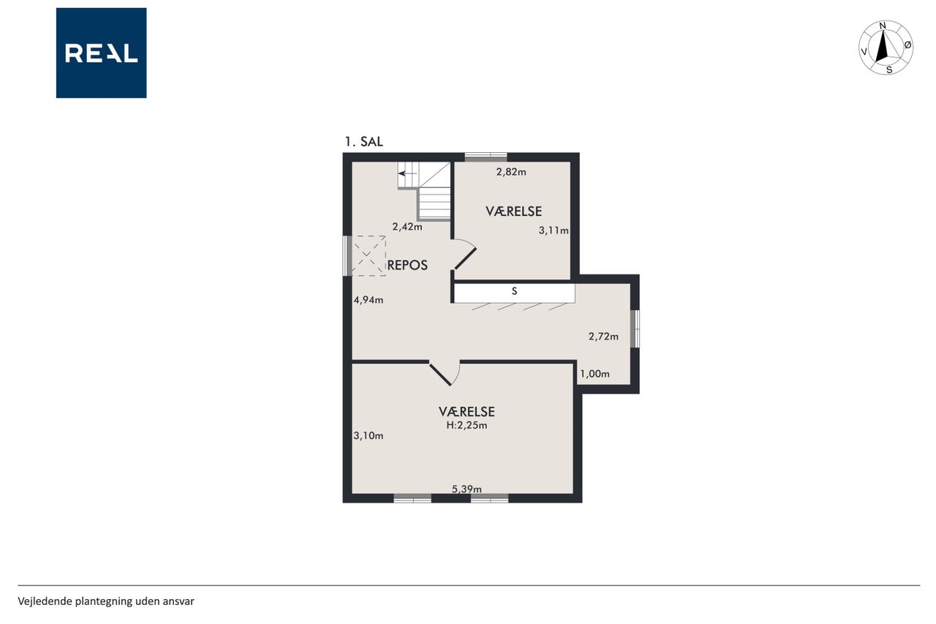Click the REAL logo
[101, 53]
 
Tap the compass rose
[886, 48]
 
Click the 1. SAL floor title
[363, 142]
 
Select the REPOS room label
[407, 265]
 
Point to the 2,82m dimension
[511, 172]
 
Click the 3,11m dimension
[554, 230]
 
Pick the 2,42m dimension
[407, 227]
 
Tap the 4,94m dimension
[368, 300]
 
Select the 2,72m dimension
[603, 336]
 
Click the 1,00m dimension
[595, 374]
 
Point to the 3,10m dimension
[368, 435]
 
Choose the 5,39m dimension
[467, 489]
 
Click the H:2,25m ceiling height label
[467, 425]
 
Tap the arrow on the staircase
[407, 173]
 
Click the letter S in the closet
[514, 291]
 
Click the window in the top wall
[486, 157]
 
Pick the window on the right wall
[635, 328]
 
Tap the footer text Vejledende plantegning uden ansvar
[106, 601]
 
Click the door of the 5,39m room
[440, 375]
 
